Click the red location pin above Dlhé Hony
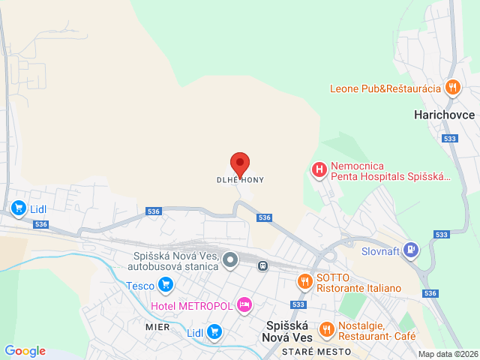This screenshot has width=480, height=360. tap(239, 163)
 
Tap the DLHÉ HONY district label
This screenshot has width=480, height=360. tap(240, 180)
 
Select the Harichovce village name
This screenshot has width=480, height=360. tap(444, 115)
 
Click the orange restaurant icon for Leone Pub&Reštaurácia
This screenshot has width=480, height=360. tap(452, 88)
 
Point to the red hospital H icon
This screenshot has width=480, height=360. tap(319, 170)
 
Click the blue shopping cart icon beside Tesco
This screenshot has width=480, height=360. tap(166, 285)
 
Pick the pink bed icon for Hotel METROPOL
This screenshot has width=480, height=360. tap(244, 305)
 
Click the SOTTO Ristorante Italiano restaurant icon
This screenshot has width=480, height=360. tap(304, 282)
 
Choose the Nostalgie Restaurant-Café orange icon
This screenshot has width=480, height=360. tap(327, 330)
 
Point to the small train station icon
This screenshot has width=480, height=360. tap(262, 265)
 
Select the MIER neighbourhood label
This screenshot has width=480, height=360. tap(157, 327)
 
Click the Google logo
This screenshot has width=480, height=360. tap(25, 351)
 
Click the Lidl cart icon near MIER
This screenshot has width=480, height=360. tap(215, 331)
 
